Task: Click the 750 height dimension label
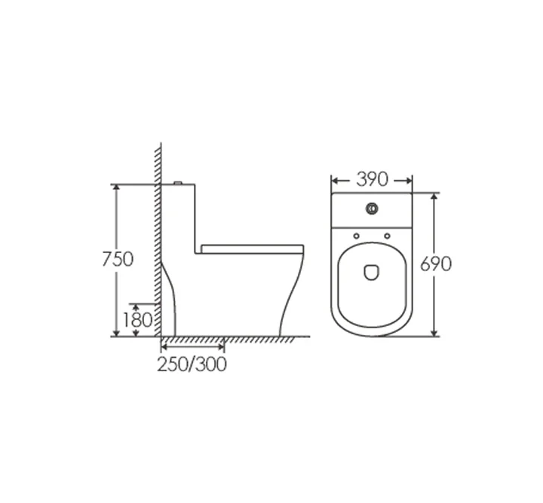(118, 259)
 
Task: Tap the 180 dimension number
(137, 320)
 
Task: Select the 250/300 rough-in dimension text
(192, 364)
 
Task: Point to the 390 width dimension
(373, 179)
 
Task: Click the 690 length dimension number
(436, 264)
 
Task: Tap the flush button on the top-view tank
(372, 209)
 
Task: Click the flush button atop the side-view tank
(178, 182)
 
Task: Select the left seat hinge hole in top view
(356, 236)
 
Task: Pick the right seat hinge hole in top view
(387, 236)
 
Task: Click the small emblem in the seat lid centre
(372, 272)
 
